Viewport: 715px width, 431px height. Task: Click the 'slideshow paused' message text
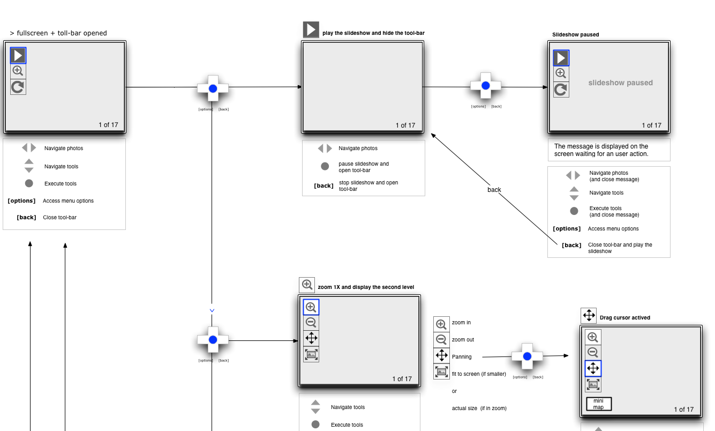pyautogui.click(x=620, y=83)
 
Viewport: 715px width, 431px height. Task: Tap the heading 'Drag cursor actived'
pyautogui.click(x=624, y=318)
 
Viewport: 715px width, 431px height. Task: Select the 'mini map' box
pyautogui.click(x=598, y=404)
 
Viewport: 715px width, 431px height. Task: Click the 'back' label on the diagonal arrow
pyautogui.click(x=494, y=190)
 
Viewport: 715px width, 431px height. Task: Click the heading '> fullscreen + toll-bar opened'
pyautogui.click(x=58, y=33)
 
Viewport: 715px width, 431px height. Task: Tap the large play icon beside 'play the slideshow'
pyautogui.click(x=311, y=30)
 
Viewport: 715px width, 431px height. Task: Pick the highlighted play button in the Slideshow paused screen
pyautogui.click(x=561, y=58)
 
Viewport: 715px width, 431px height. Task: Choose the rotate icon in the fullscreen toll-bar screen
pyautogui.click(x=18, y=87)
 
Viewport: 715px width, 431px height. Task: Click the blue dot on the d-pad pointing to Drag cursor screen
pyautogui.click(x=527, y=356)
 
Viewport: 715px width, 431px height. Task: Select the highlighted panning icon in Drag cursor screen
pyautogui.click(x=593, y=368)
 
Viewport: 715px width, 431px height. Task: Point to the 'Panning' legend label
pyautogui.click(x=462, y=357)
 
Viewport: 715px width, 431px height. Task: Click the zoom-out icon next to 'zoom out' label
pyautogui.click(x=441, y=339)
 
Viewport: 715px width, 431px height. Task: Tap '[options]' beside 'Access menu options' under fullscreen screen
pyautogui.click(x=21, y=201)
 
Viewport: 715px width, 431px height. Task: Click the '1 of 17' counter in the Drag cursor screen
pyautogui.click(x=683, y=410)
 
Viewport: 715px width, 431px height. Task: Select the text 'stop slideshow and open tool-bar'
pyautogui.click(x=368, y=185)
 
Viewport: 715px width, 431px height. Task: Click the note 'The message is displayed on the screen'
pyautogui.click(x=601, y=150)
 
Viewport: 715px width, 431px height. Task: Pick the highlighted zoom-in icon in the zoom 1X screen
pyautogui.click(x=311, y=307)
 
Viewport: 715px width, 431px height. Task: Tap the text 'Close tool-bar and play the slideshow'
pyautogui.click(x=620, y=248)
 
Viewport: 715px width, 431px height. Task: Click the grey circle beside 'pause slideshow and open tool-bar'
pyautogui.click(x=325, y=167)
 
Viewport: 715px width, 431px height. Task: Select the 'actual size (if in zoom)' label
pyautogui.click(x=479, y=408)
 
